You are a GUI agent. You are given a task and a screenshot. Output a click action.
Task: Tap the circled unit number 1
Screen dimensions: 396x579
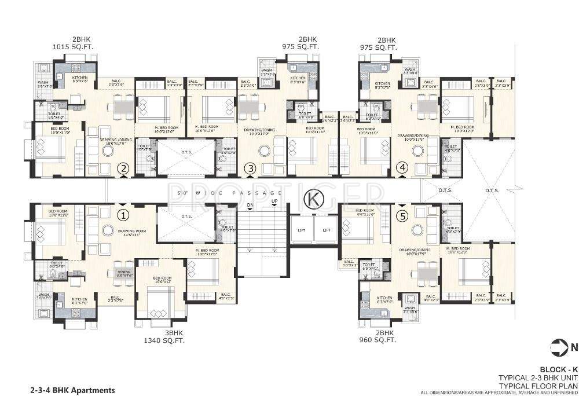click(123, 215)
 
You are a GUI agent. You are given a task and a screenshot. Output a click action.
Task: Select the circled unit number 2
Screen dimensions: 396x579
click(123, 169)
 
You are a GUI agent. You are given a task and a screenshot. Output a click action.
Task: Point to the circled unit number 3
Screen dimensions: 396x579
click(250, 168)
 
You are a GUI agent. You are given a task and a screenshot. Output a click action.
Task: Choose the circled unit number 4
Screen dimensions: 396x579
click(402, 168)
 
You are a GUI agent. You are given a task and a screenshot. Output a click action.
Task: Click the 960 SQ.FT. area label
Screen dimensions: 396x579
click(378, 341)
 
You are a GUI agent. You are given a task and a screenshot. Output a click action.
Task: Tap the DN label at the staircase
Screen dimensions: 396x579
click(250, 205)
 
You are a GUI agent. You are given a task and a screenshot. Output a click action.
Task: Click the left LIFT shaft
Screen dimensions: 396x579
click(301, 230)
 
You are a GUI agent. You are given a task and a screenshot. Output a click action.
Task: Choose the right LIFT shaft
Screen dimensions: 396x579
click(326, 230)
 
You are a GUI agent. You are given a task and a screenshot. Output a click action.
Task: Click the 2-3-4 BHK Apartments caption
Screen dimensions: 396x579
click(69, 390)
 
